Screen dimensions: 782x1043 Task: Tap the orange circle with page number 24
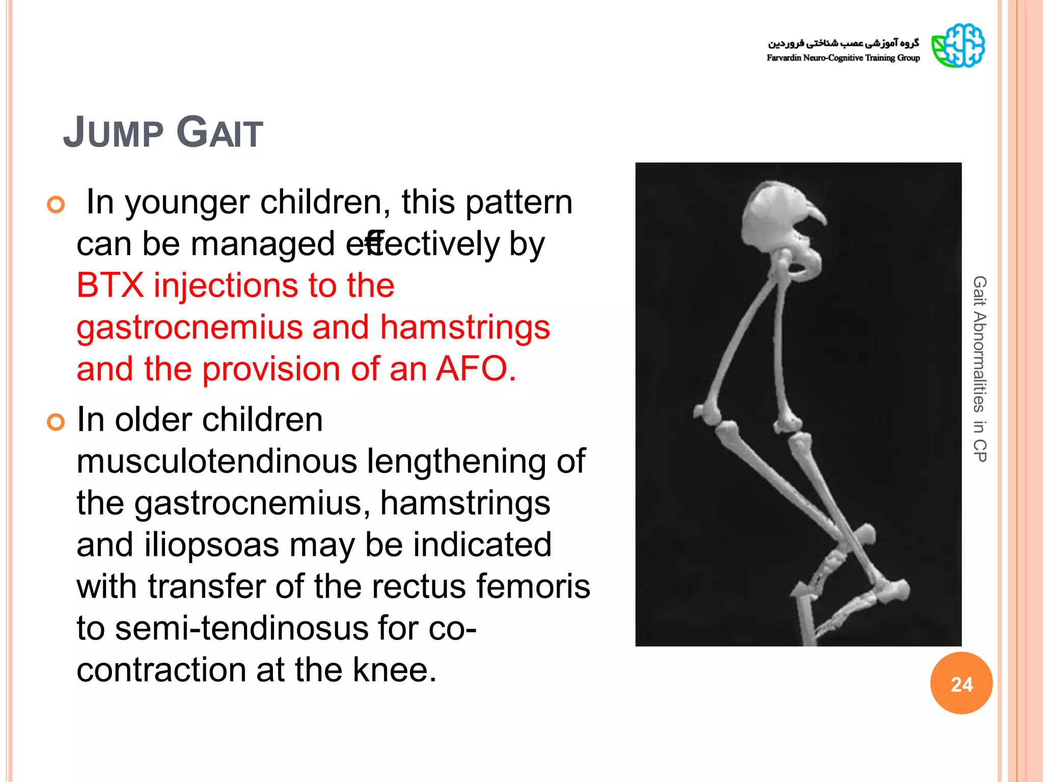[x=961, y=683]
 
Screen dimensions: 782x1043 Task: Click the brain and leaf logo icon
[x=958, y=46]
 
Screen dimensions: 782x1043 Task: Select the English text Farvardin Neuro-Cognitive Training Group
[x=843, y=58]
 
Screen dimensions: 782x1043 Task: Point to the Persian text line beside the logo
[x=843, y=43]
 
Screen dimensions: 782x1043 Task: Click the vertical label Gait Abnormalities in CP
[x=979, y=369]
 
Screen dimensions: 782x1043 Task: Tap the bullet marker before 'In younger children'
[x=56, y=205]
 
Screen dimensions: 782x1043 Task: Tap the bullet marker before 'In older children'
[x=56, y=422]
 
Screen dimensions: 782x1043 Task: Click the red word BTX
[x=110, y=285]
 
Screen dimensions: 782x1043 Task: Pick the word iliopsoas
[x=211, y=545]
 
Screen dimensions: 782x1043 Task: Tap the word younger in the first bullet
[x=188, y=203]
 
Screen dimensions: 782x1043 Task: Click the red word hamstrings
[x=464, y=327]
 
